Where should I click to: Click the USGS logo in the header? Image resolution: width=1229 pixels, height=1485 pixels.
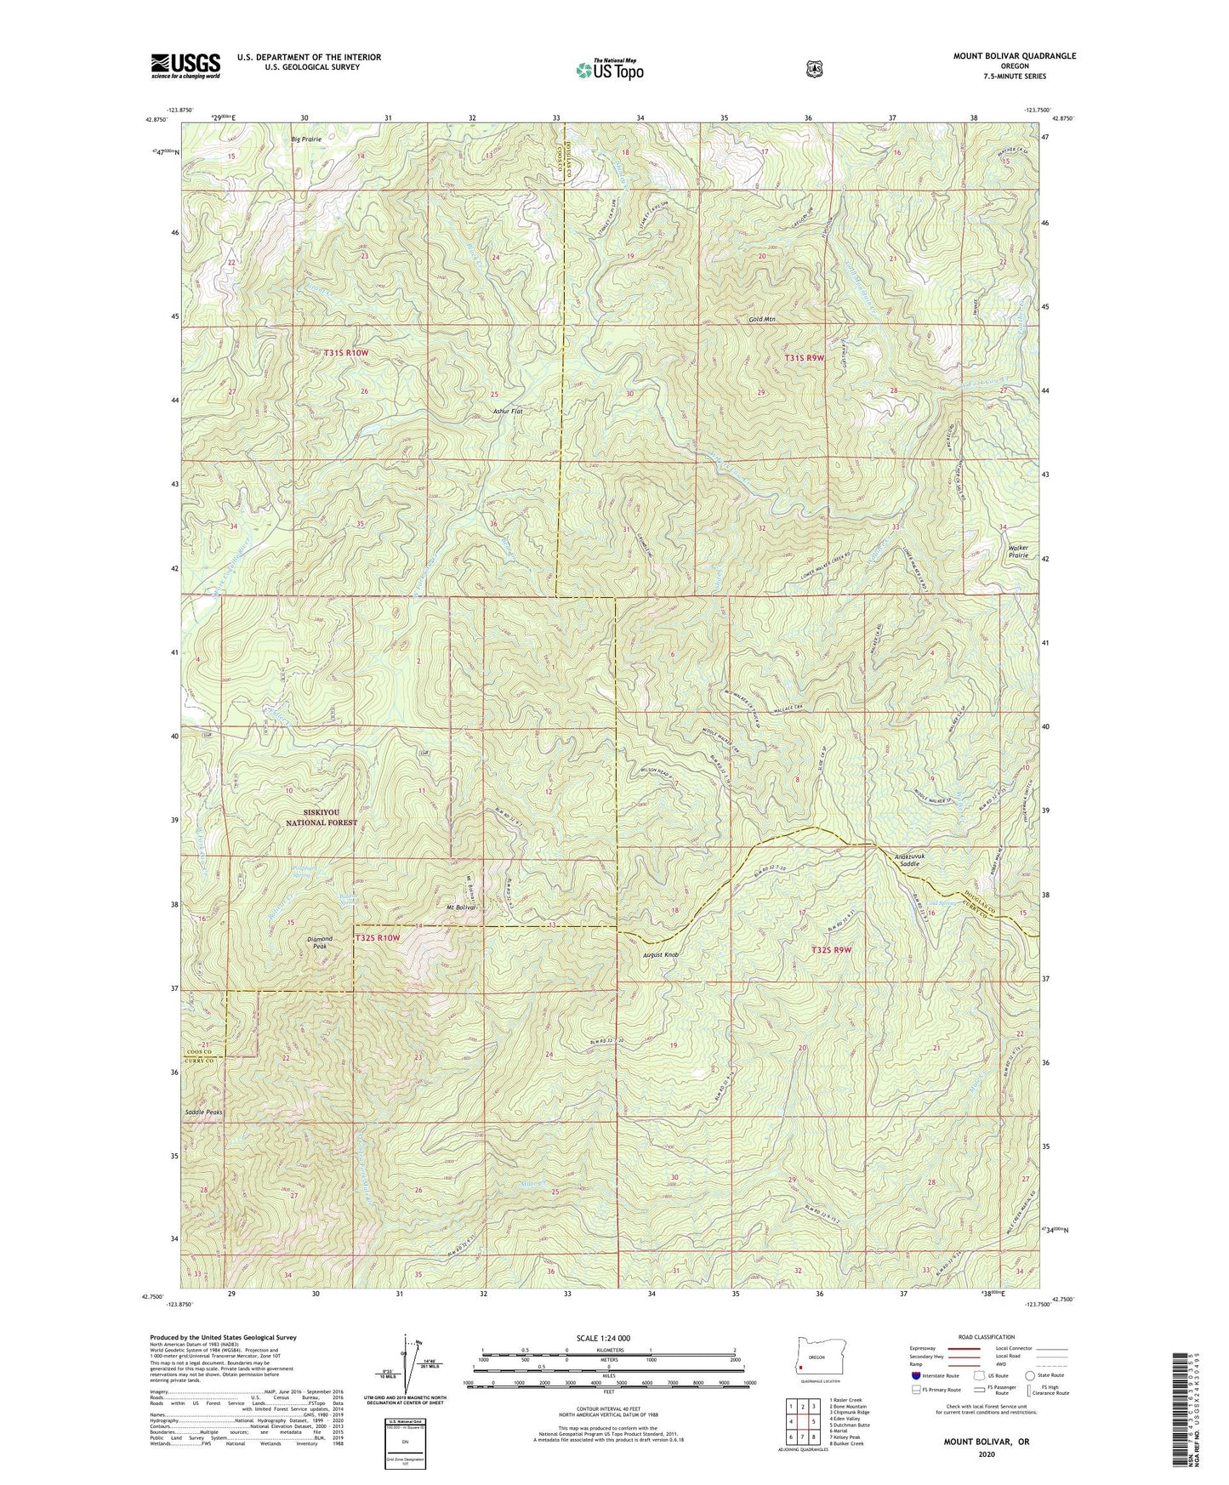pyautogui.click(x=185, y=65)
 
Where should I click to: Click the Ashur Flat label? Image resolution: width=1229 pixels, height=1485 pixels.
pyautogui.click(x=508, y=412)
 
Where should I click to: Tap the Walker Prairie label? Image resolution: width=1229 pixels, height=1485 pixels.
pyautogui.click(x=1019, y=551)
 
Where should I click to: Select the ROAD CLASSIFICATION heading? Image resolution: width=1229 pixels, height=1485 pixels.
pyautogui.click(x=986, y=1337)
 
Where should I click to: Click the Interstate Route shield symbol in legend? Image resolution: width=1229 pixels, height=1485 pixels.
pyautogui.click(x=915, y=1374)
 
